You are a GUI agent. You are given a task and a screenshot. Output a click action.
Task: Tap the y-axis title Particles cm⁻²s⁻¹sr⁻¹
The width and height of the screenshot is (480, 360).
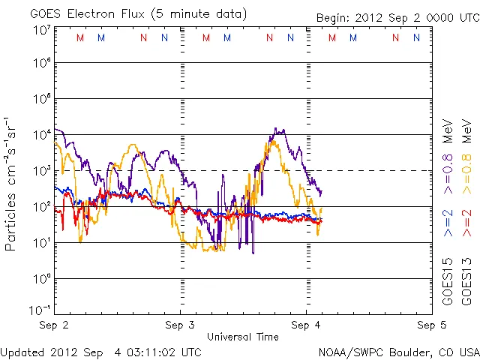[x=12, y=183]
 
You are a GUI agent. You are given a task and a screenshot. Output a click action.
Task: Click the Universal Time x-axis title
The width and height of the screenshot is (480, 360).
[x=242, y=337]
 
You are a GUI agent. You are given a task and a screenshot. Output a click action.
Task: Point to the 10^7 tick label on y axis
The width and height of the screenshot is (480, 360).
[x=40, y=30]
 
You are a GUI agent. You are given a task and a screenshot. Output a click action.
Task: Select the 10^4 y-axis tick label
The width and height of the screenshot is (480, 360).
[x=40, y=134]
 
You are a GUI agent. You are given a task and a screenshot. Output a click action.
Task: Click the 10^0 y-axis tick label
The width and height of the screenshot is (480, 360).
[x=40, y=278]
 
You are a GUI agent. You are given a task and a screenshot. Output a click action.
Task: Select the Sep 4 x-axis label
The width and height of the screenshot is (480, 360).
[x=305, y=325]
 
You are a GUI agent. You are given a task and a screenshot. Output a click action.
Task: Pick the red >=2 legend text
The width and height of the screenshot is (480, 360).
[x=466, y=223]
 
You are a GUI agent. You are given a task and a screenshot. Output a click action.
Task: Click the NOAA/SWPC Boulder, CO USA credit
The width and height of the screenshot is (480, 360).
[x=397, y=350]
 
